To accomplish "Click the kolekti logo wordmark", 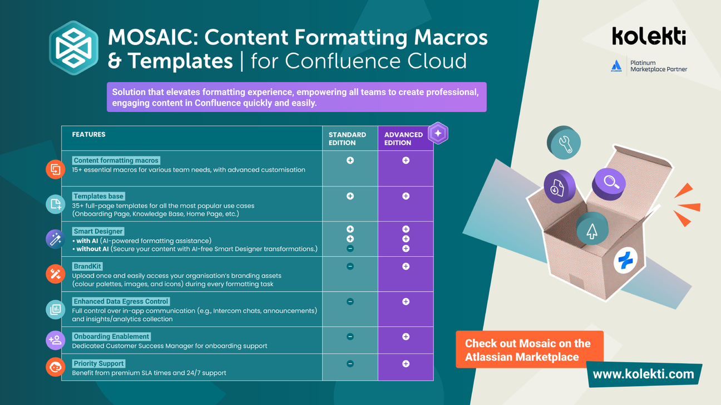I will pos(649,36).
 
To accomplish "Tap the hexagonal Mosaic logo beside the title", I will pos(73,48).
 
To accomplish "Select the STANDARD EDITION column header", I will pos(347,138).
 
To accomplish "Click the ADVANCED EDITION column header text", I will pos(403,138).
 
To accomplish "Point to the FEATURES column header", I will pos(88,134).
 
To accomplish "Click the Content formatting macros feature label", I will pos(116,161).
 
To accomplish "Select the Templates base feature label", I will pos(98,196).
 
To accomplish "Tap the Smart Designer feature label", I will pos(98,231).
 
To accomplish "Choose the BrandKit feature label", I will pos(87,267).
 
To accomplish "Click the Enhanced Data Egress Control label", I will pos(121,302).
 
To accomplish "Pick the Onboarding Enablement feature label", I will pos(111,337).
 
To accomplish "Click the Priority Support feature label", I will pos(98,364).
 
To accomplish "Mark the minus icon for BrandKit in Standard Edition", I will pos(350,267).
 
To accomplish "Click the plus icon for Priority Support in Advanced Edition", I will pos(406,364).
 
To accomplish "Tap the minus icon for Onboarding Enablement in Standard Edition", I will pos(350,337).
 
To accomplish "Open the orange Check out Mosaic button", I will pos(529,350).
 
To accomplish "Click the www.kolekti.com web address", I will pos(643,374).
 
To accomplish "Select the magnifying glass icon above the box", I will pos(610,182).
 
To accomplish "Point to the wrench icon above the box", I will pos(564,143).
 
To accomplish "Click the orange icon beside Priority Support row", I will pos(56,367).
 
